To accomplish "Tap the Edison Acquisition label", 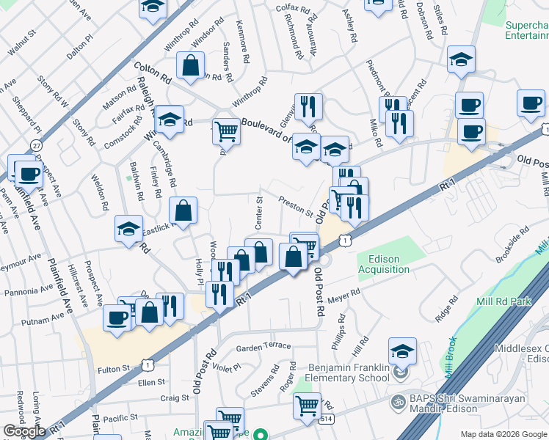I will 383,264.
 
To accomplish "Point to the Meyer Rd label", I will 344,295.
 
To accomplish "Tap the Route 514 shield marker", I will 324,418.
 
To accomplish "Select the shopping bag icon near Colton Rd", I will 191,65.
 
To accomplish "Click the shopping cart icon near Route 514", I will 307,404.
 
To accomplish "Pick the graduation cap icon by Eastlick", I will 129,229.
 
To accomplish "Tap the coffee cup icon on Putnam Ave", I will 117,317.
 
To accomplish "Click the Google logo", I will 24,431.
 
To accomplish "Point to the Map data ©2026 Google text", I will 504,434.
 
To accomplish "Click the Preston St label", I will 296,205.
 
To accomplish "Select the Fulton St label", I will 115,368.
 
